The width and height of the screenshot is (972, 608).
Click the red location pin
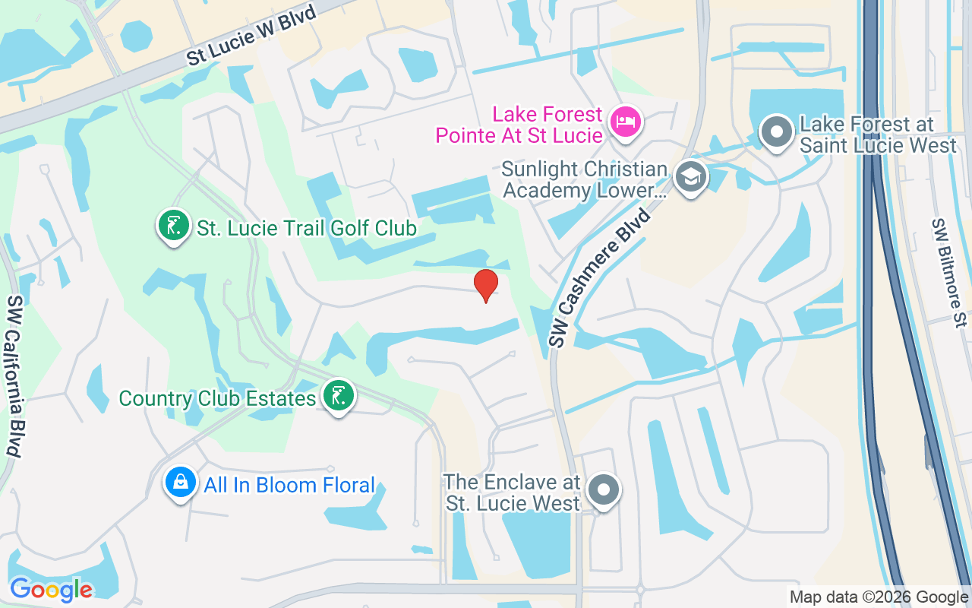pos(486,285)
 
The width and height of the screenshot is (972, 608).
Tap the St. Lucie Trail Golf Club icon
pos(173,226)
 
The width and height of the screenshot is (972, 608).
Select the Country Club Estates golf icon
pos(338,396)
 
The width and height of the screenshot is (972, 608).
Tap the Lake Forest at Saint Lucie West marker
pos(776,133)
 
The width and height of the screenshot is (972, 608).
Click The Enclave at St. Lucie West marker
pos(604,490)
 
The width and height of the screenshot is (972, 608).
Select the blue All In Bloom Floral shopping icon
pos(181,483)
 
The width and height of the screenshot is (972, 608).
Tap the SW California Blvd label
pos(14,375)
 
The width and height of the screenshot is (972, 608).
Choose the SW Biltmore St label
pos(948,272)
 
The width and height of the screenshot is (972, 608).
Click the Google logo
pos(51,590)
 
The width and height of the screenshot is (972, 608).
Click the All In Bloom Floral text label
pos(289,485)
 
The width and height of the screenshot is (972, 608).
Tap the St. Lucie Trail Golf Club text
pos(307,227)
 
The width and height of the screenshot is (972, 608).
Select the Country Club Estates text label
pos(217,398)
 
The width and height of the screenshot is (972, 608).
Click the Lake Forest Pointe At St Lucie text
pos(519,125)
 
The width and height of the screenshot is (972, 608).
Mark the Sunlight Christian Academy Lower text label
pos(585,179)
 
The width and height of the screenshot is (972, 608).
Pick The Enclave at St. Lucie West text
pos(513,492)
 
